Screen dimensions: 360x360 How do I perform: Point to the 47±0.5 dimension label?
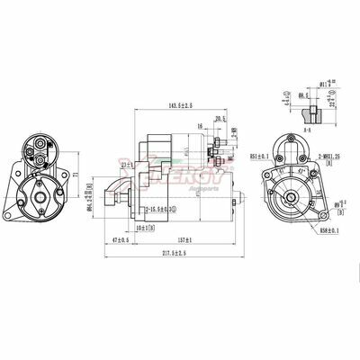[x=116, y=240]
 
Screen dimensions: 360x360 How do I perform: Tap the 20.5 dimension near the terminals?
[x=220, y=118]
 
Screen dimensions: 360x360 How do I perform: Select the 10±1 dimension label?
[x=140, y=229]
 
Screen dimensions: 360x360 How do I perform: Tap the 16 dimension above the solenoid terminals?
[x=200, y=127]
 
